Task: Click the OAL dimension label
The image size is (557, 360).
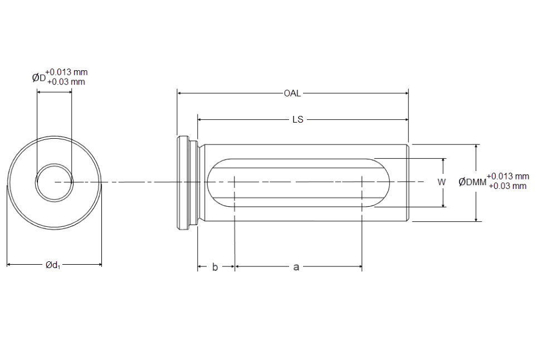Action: coord(292,94)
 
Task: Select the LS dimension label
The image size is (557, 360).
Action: coord(297,120)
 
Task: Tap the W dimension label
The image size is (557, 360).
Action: coord(441,182)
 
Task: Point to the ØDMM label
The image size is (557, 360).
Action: coord(472,182)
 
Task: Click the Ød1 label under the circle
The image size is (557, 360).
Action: coord(52,265)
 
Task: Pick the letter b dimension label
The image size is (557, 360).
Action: coord(215,267)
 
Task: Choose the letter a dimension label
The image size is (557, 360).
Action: coord(296,267)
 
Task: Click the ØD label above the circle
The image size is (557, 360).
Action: coord(39,77)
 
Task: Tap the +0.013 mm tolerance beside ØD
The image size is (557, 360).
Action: coord(66,72)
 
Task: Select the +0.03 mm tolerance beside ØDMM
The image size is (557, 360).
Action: coord(507,186)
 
